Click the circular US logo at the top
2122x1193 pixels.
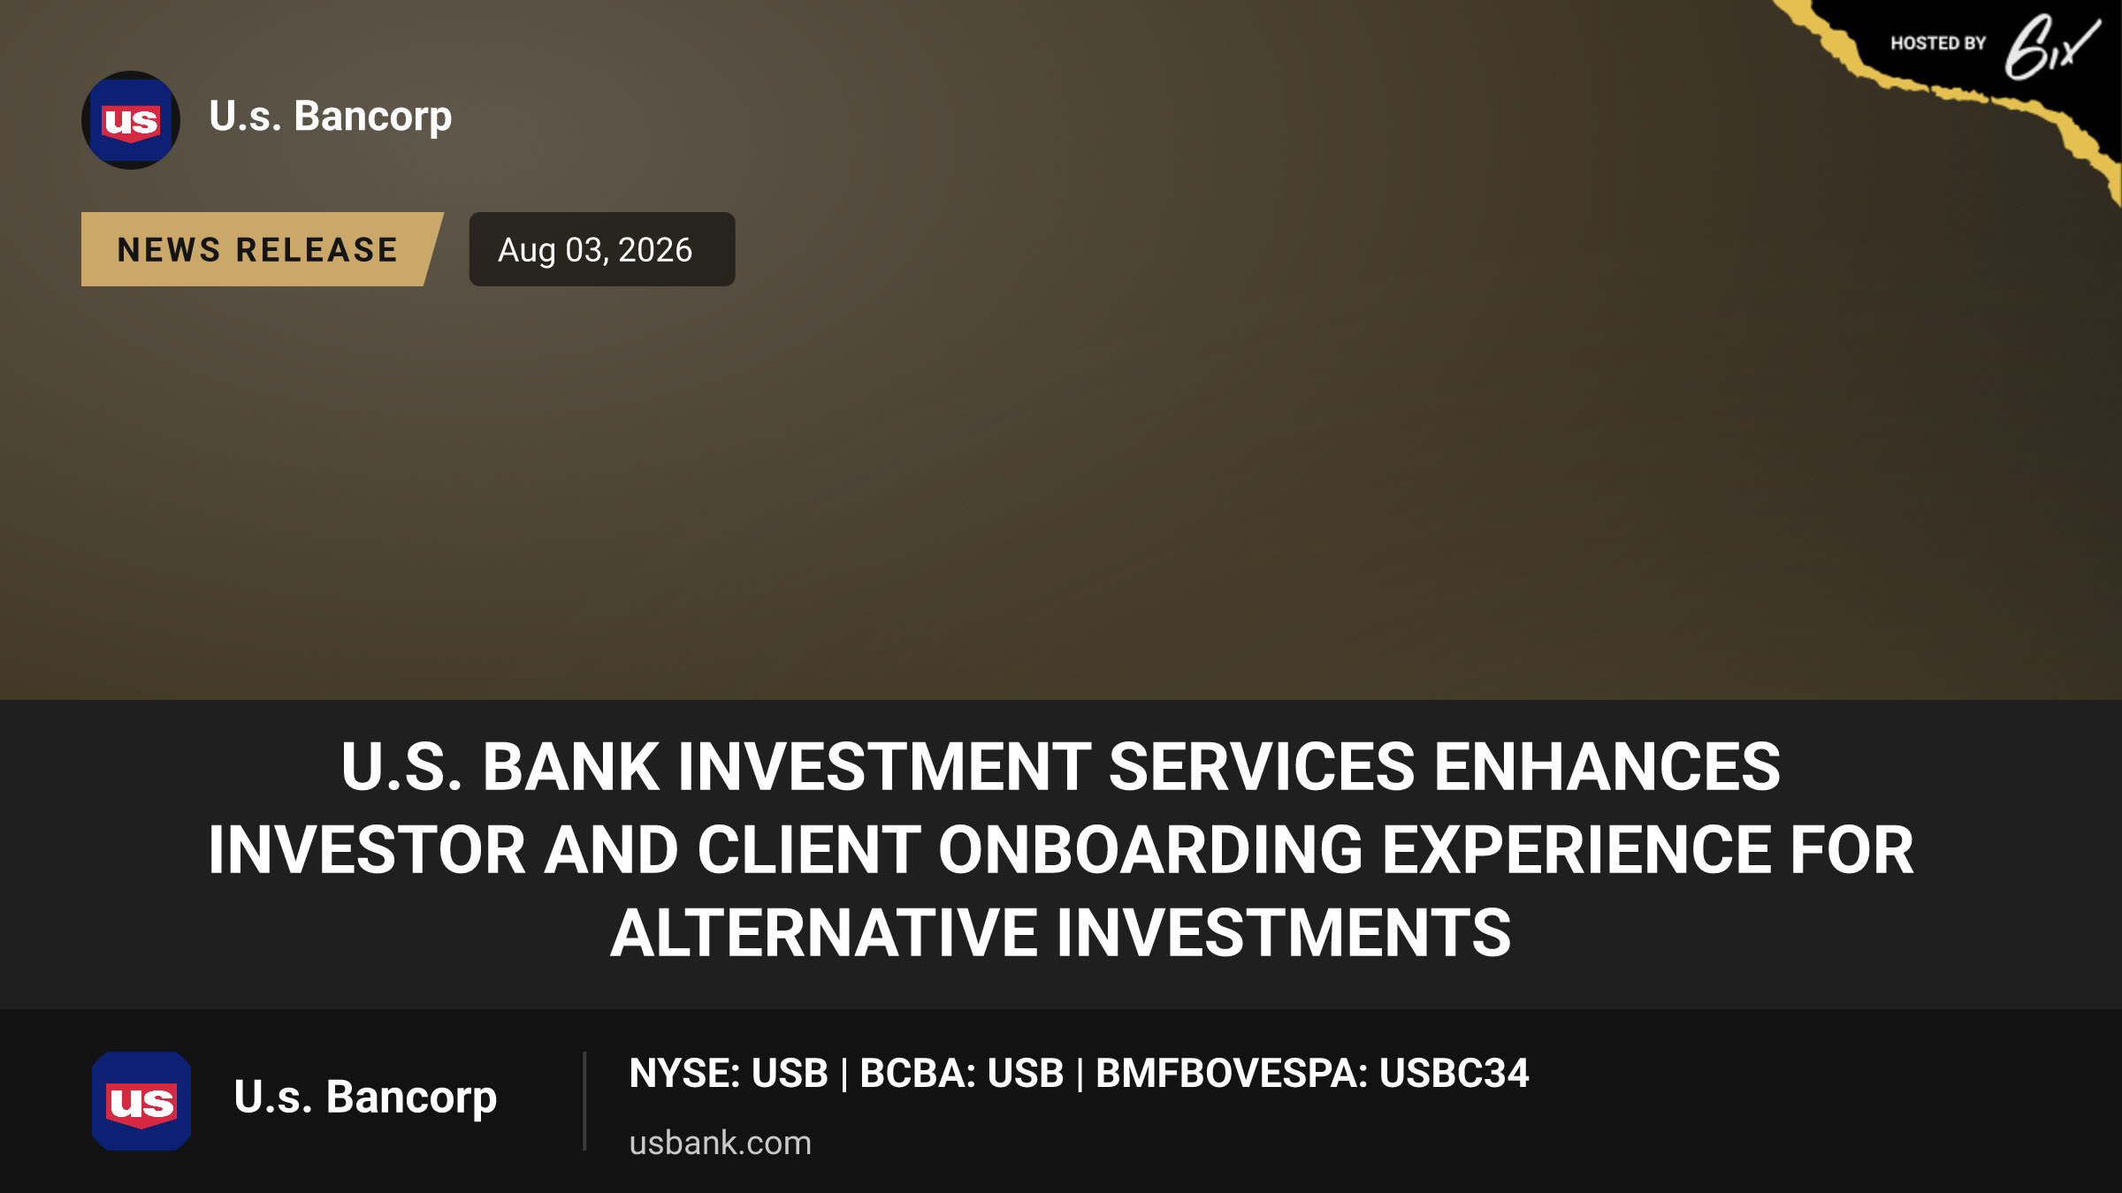click(x=131, y=120)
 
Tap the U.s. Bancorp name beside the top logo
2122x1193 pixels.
click(x=331, y=117)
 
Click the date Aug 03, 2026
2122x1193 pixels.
click(x=595, y=250)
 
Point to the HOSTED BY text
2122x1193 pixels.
click(x=1938, y=43)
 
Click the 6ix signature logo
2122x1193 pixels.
click(x=2052, y=47)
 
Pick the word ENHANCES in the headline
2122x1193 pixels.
click(x=1607, y=766)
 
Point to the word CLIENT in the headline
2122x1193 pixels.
click(x=808, y=850)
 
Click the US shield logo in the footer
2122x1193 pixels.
click(x=141, y=1101)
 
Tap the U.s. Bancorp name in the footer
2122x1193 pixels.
click(x=365, y=1098)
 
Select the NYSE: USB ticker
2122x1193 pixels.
click(x=729, y=1074)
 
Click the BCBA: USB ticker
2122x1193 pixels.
click(x=962, y=1074)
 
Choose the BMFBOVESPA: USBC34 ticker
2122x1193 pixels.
click(x=1312, y=1074)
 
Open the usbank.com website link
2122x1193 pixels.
click(x=720, y=1143)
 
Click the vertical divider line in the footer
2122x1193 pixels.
click(x=584, y=1101)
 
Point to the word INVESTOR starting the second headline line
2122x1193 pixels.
click(x=367, y=850)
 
